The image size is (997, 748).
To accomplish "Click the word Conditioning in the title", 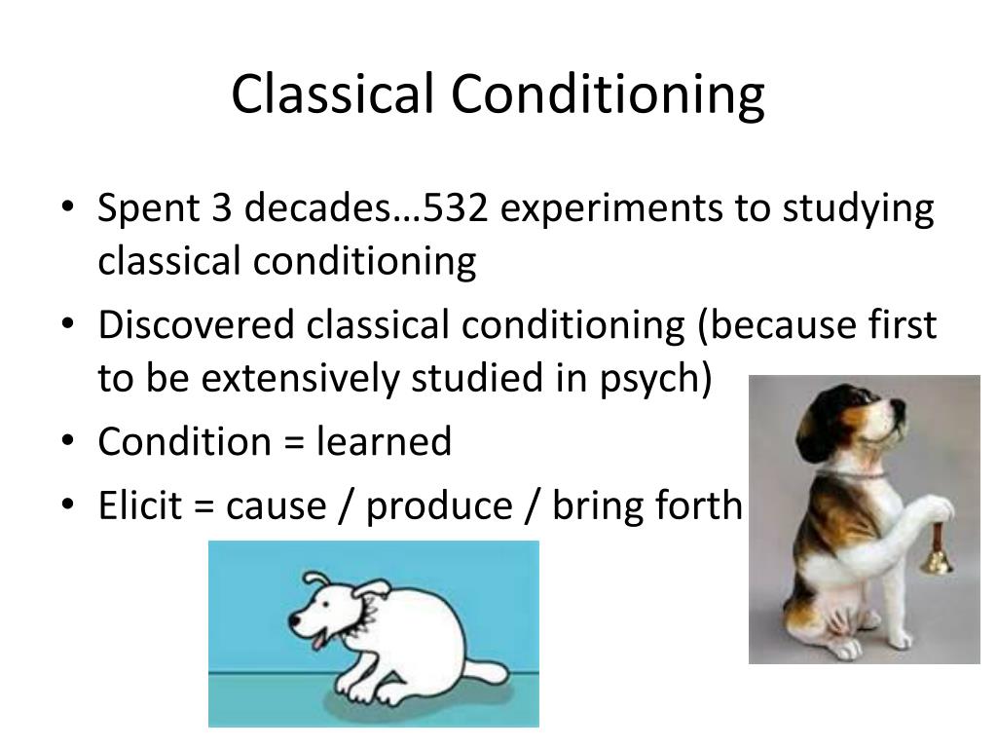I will coord(607,95).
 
